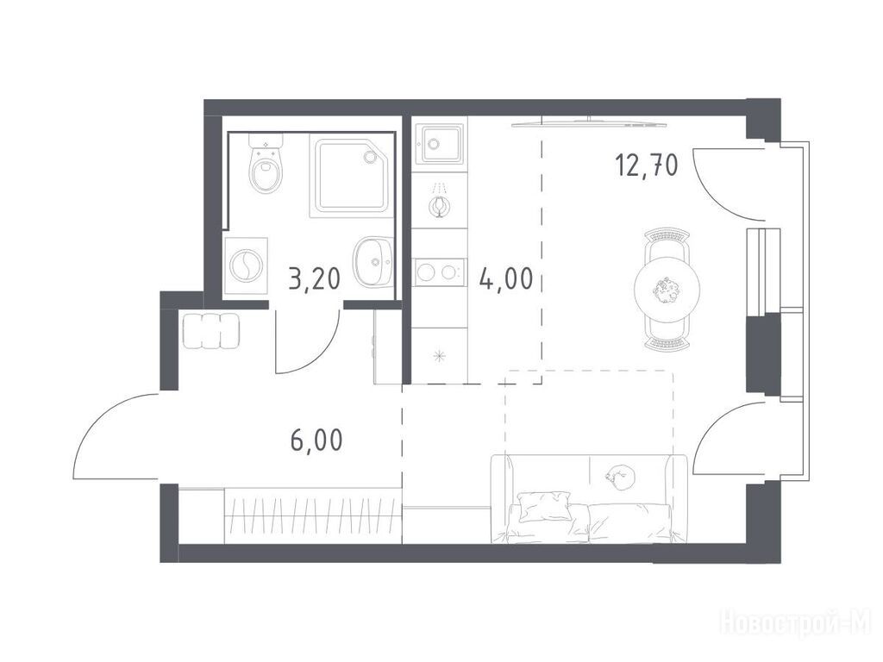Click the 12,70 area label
647,166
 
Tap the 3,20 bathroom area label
315,278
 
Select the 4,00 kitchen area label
505,278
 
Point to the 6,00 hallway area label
316,440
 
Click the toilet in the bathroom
266,163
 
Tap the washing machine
246,265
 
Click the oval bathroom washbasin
373,260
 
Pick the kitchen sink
439,143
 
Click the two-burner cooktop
439,272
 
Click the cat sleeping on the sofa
620,476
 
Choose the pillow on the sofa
543,506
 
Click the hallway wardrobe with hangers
312,516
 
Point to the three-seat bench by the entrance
211,332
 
